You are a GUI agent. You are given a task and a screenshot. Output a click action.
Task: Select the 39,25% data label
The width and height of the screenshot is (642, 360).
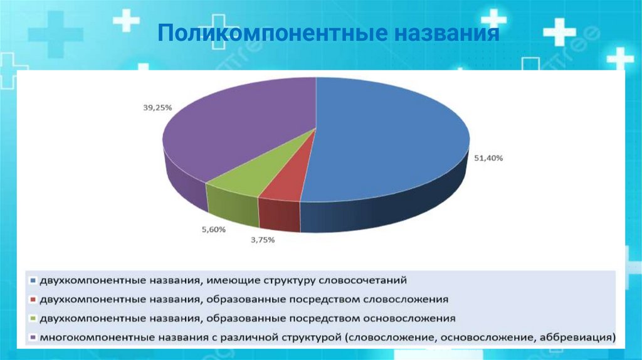coord(157,107)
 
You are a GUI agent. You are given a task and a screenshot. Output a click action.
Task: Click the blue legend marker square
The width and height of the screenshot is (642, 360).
coord(31,278)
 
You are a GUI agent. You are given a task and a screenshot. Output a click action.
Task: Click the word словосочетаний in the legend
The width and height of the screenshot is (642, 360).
coord(367,278)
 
